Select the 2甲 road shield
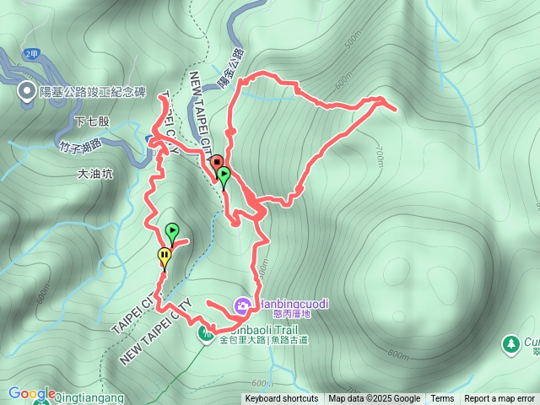pyautogui.click(x=32, y=54)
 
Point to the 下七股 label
pyautogui.click(x=92, y=121)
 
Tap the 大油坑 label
pyautogui.click(x=94, y=175)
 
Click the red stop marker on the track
pyautogui.click(x=217, y=163)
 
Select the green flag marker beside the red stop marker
pyautogui.click(x=224, y=175)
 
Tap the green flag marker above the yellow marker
pyautogui.click(x=172, y=230)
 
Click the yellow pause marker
pyautogui.click(x=164, y=256)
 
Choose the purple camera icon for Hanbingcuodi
pyautogui.click(x=242, y=304)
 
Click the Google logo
pyautogui.click(x=31, y=393)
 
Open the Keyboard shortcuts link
pyautogui.click(x=282, y=399)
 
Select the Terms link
pyautogui.click(x=442, y=399)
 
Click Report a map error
pyautogui.click(x=499, y=399)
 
